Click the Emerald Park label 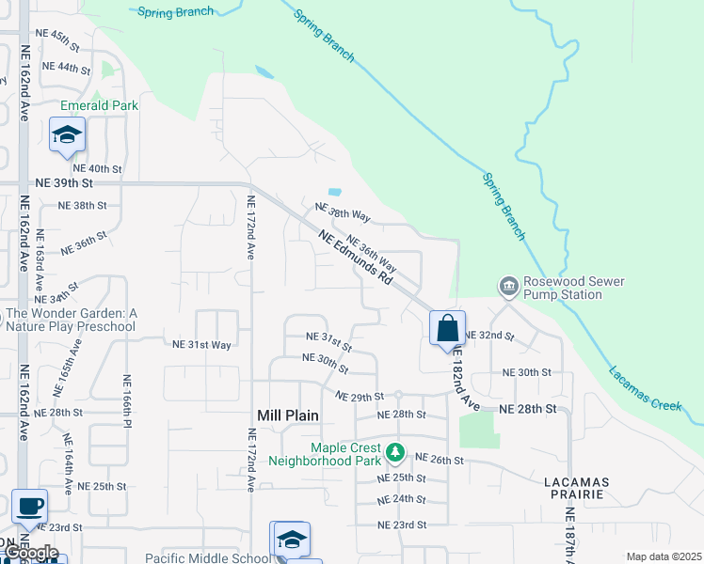[99, 105]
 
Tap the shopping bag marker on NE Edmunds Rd [447, 329]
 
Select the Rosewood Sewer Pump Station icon [508, 285]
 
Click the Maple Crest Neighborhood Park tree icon [395, 454]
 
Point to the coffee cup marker [28, 507]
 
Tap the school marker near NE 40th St [68, 135]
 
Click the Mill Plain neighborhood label [288, 415]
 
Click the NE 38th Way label [343, 212]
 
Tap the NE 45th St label [56, 40]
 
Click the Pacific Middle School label [207, 557]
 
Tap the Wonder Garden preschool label [72, 320]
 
